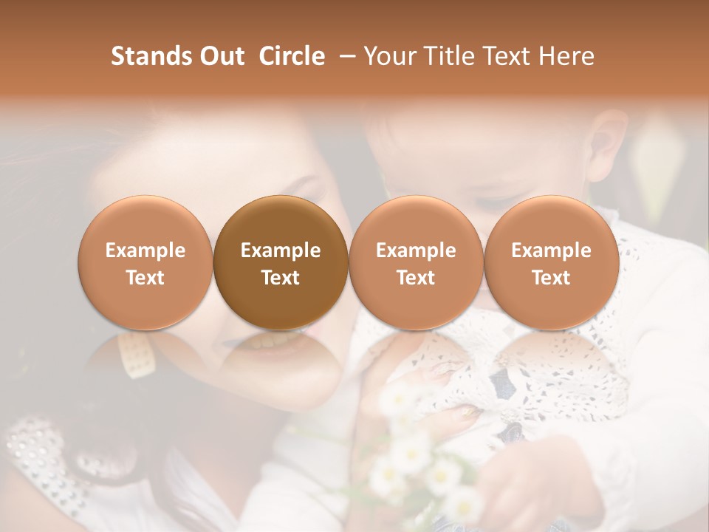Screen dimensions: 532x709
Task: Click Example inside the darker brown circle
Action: tap(281, 250)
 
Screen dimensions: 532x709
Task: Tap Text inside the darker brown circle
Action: tap(281, 278)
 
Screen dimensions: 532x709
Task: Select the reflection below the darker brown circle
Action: tap(281, 355)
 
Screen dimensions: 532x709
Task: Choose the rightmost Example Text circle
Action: tap(552, 263)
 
